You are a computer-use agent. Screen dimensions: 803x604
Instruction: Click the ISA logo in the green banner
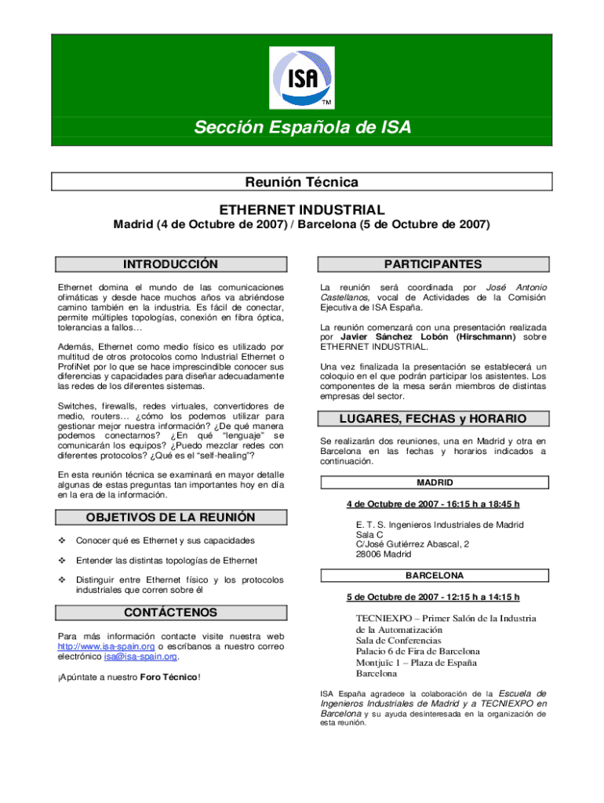tap(302, 78)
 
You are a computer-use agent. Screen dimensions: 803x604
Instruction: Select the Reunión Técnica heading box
tap(302, 182)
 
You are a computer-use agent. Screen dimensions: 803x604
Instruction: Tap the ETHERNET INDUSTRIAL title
tap(302, 209)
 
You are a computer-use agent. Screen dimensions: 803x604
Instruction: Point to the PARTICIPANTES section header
tap(433, 264)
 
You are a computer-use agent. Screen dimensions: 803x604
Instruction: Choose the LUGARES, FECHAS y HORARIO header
tap(433, 419)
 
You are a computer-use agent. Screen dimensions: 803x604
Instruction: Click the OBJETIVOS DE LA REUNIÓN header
tap(170, 518)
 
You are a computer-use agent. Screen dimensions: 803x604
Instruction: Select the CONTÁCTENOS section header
tap(171, 612)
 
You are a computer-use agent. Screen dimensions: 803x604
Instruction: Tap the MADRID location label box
tap(434, 482)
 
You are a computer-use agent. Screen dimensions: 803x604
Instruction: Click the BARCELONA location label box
tap(434, 576)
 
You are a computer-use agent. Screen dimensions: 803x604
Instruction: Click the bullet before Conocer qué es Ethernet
tap(62, 541)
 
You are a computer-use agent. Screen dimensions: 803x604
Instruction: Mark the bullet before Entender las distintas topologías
tap(62, 560)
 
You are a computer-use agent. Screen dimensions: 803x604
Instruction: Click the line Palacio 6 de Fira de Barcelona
tap(417, 651)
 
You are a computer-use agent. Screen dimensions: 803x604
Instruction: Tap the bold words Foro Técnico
tap(169, 678)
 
